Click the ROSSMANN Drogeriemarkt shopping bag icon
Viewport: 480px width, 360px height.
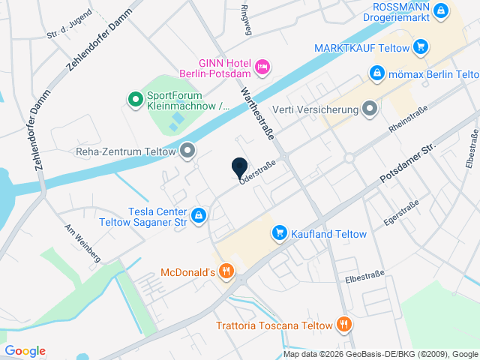tap(442, 10)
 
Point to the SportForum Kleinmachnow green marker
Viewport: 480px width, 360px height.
tap(135, 98)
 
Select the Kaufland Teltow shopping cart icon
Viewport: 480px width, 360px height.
tap(279, 234)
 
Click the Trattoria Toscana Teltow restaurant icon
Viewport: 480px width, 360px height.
tap(343, 325)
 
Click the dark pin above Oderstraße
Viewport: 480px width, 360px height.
tap(239, 168)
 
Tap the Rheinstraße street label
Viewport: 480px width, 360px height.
tap(408, 120)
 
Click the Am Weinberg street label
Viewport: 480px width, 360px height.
tap(82, 243)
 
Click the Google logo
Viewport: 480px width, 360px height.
tap(25, 350)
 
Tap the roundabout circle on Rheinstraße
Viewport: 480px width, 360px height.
tap(349, 157)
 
